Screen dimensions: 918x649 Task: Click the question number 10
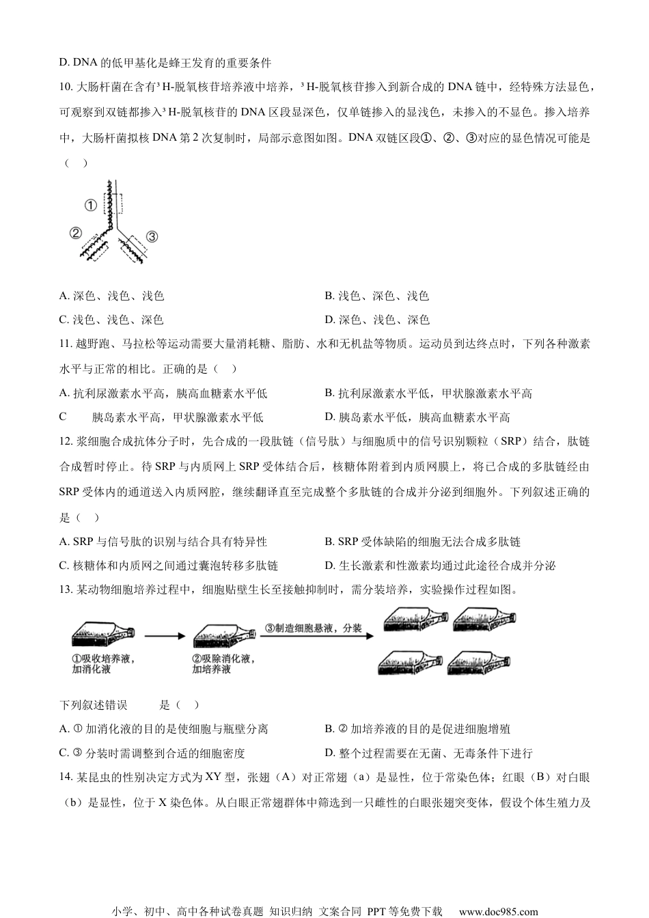point(67,87)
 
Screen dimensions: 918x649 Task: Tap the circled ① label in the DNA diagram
point(91,204)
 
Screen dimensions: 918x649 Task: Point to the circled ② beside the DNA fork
point(76,233)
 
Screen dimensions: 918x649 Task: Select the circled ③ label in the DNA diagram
point(152,236)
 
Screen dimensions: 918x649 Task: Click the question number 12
point(67,441)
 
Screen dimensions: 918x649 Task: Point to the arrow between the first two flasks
point(165,636)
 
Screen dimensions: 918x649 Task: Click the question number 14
point(67,777)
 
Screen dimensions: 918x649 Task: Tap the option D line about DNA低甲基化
point(165,63)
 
